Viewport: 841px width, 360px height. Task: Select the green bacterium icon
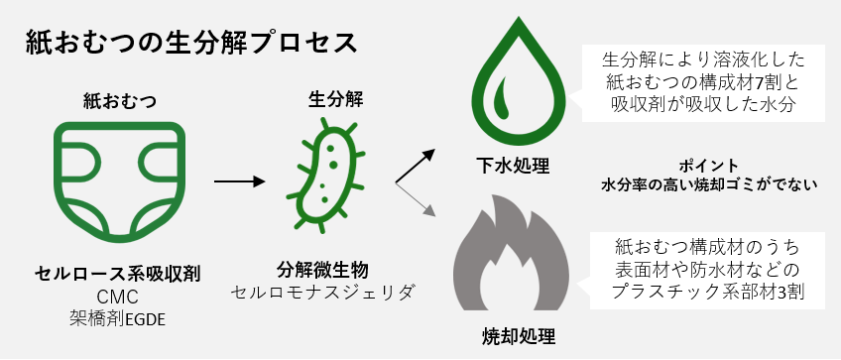coord(326,174)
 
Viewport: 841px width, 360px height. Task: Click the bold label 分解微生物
coord(322,270)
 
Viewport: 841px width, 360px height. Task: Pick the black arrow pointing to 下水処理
coord(417,166)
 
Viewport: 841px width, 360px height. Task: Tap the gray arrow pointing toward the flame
coord(417,199)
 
